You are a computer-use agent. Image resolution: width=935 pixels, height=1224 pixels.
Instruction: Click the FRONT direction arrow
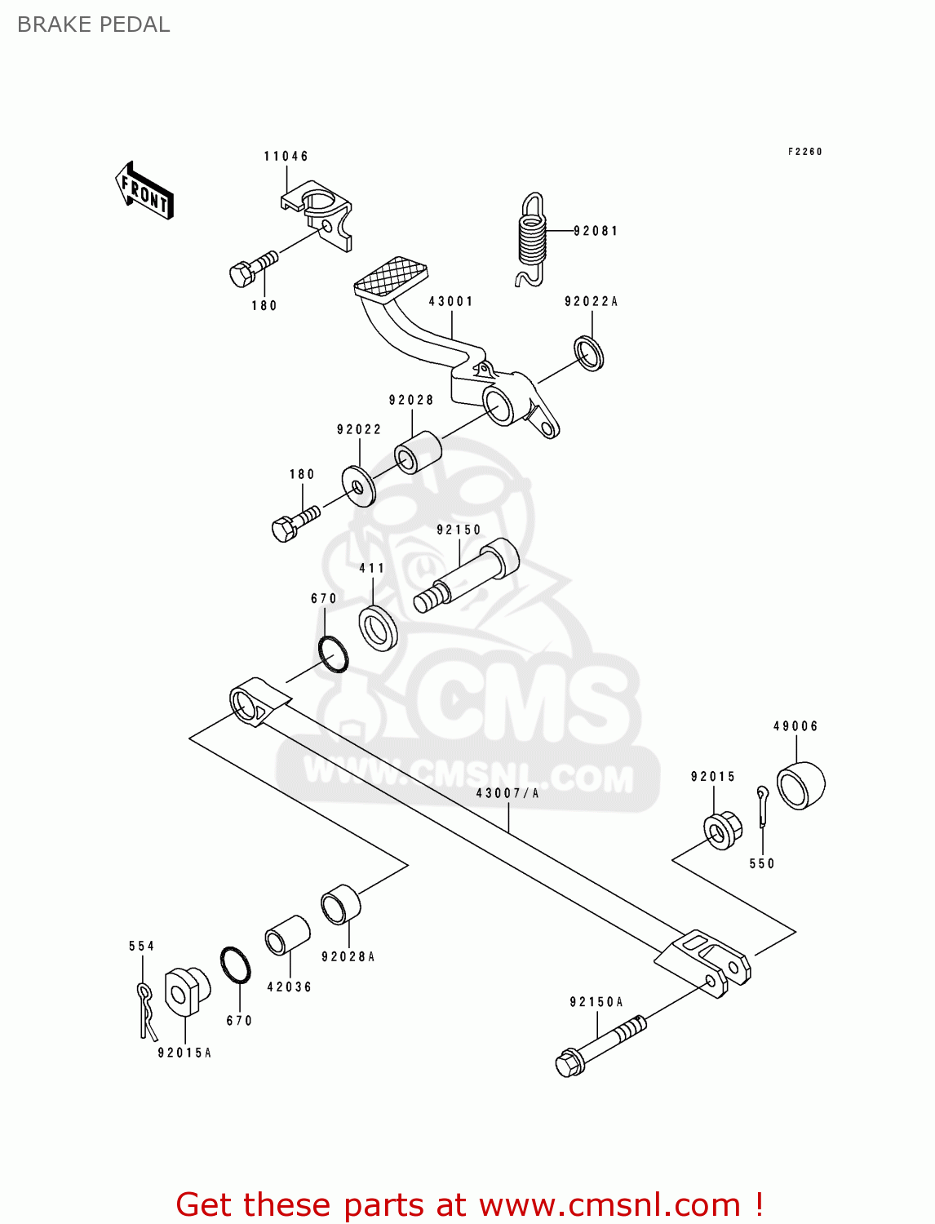pyautogui.click(x=144, y=191)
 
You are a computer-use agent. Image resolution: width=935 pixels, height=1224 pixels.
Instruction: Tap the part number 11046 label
pyautogui.click(x=286, y=156)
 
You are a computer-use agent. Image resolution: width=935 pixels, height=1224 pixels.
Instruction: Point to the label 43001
pyautogui.click(x=450, y=301)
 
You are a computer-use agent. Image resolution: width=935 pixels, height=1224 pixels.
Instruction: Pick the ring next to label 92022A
pyautogui.click(x=590, y=353)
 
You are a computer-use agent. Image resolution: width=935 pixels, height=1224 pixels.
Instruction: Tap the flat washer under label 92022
pyautogui.click(x=359, y=486)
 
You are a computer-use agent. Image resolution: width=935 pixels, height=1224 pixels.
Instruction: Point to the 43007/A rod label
pyautogui.click(x=507, y=792)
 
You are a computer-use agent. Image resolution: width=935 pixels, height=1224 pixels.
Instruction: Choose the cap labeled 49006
pyautogui.click(x=800, y=785)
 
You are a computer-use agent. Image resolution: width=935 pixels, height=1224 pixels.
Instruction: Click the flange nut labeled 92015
pyautogui.click(x=722, y=831)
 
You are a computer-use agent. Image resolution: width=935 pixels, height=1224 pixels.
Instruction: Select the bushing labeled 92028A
pyautogui.click(x=339, y=905)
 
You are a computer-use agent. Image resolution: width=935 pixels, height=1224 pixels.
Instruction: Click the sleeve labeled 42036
pyautogui.click(x=287, y=936)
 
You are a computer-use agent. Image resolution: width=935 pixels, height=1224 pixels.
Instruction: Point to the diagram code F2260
pyautogui.click(x=804, y=152)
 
